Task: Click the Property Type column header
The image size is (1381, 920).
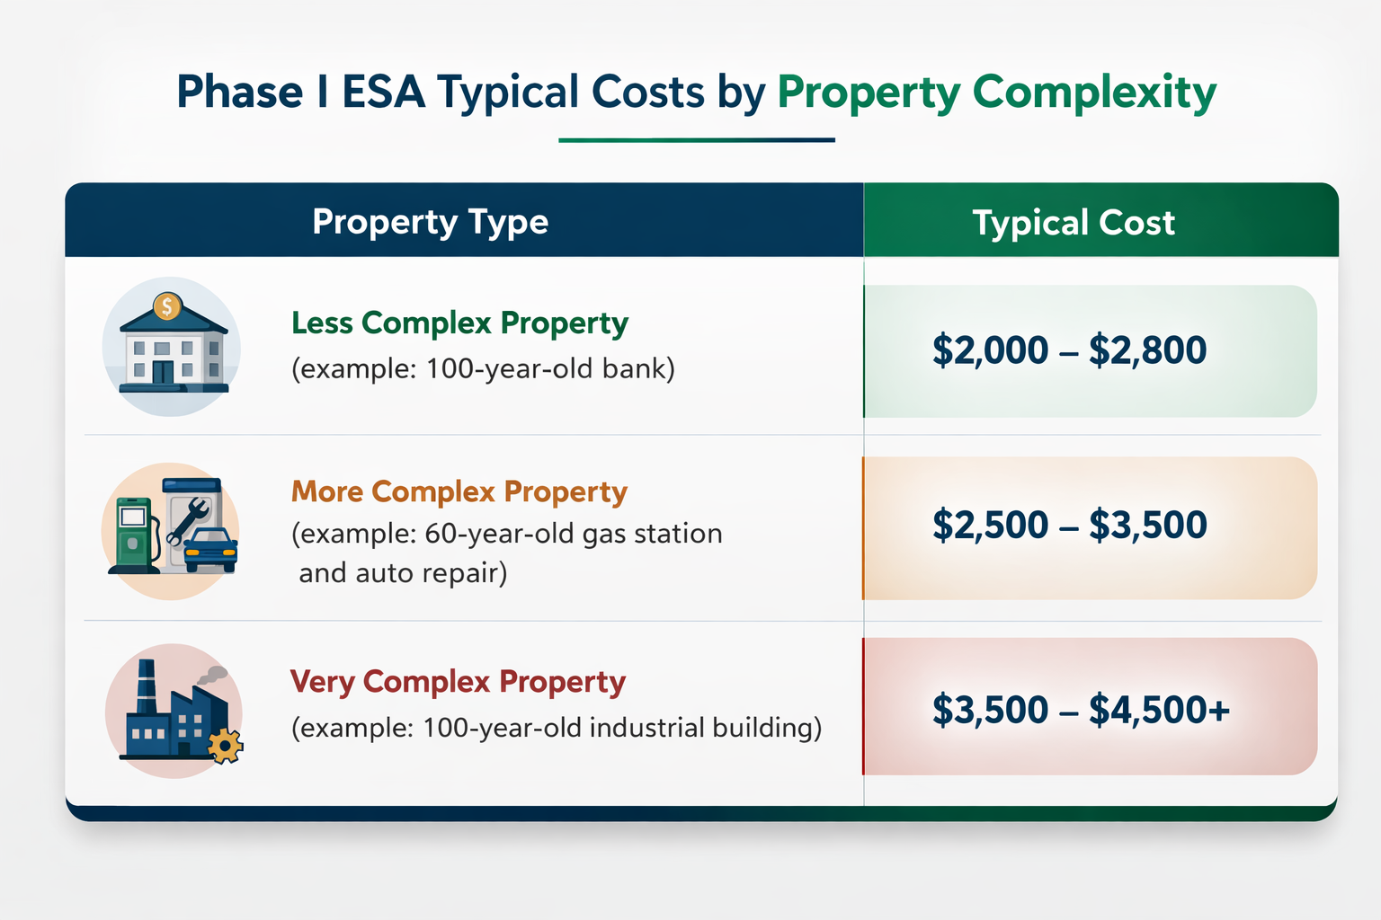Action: pos(430,222)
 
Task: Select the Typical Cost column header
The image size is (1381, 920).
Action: pos(1074,223)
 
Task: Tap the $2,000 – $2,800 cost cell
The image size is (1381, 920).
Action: pos(1069,350)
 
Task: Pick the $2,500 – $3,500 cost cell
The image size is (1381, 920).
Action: pos(1069,526)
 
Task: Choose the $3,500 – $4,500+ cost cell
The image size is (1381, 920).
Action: pos(1080,710)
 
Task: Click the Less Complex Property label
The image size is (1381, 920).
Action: pos(459,323)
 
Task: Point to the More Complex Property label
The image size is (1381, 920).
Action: pos(459,492)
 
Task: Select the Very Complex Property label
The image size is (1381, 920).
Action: pos(457,682)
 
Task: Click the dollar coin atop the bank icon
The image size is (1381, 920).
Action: pos(167,307)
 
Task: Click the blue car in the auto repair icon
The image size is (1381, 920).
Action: pos(210,548)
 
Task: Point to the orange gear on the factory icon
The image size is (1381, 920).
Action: pos(225,746)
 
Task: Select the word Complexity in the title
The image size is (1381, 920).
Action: pos(1094,93)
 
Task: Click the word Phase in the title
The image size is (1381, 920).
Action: pos(239,93)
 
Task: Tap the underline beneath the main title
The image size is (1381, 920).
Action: pos(697,140)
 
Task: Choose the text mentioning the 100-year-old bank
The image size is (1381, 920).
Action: pos(483,369)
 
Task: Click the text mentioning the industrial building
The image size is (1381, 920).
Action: pos(556,728)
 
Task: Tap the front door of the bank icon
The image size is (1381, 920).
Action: pos(163,372)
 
